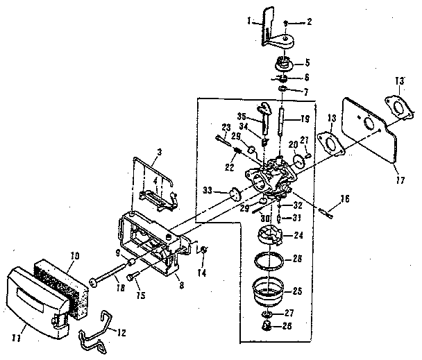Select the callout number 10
coord(74,255)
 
